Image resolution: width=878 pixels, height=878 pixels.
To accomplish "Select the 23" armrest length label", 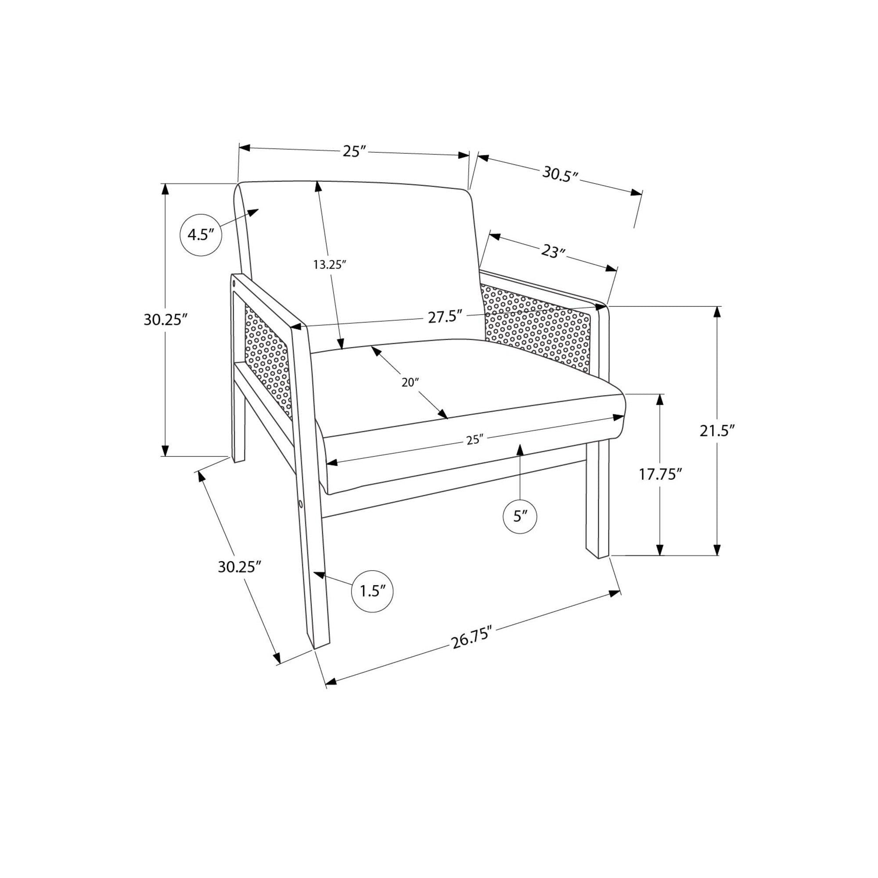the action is [x=553, y=251].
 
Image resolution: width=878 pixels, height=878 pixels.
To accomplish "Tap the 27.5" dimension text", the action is [x=445, y=316].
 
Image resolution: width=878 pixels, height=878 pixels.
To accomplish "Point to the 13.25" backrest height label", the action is [x=331, y=264].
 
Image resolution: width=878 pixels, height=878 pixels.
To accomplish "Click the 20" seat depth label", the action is [x=410, y=383].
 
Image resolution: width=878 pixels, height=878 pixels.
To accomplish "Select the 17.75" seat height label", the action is [x=661, y=475].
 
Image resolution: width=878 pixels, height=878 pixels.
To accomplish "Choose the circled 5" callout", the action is [x=520, y=516].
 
